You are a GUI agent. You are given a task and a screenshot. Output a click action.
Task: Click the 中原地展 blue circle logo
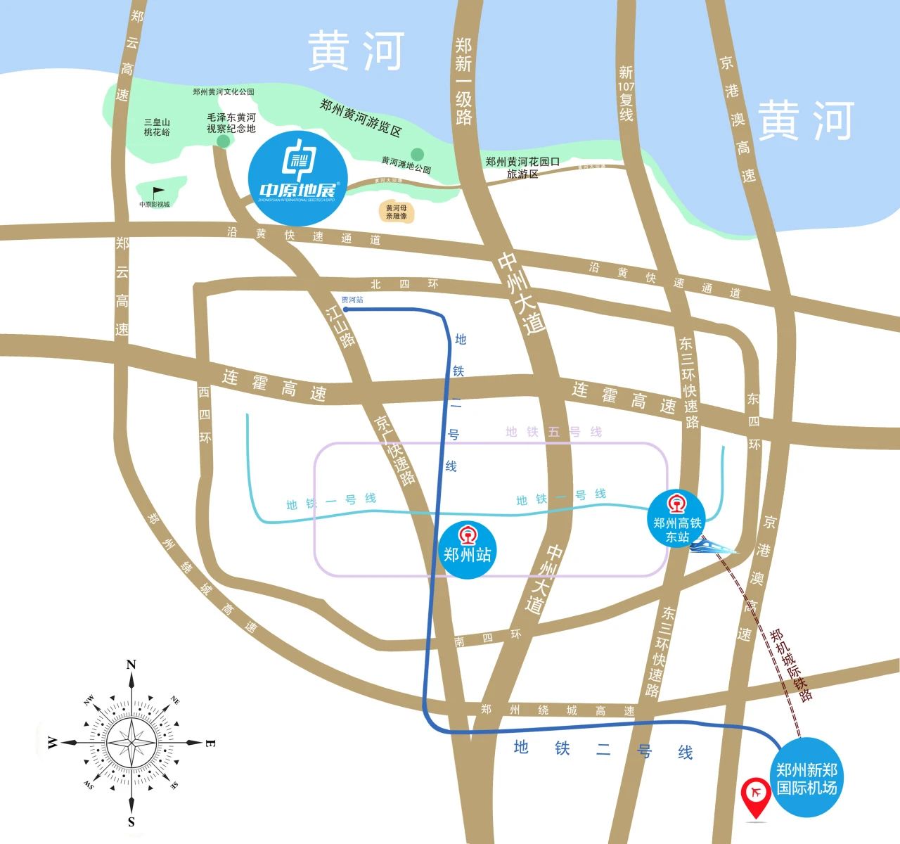(298, 177)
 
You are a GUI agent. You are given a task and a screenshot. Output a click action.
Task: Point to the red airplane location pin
(757, 795)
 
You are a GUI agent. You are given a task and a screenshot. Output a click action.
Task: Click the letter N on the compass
(131, 665)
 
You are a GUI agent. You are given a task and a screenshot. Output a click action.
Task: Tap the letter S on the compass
(131, 821)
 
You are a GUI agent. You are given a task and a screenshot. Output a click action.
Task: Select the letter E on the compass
(210, 743)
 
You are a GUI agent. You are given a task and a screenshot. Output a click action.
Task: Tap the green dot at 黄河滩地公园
(418, 154)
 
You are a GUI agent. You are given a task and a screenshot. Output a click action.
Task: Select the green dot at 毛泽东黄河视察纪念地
(223, 141)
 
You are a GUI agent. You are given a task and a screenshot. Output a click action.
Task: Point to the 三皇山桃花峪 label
(157, 127)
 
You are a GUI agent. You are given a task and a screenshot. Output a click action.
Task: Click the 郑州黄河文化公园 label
(223, 92)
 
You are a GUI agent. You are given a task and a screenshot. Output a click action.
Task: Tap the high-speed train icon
(712, 545)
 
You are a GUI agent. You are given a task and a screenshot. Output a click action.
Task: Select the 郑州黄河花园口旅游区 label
(522, 167)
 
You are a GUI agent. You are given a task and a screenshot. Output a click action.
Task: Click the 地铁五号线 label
(554, 431)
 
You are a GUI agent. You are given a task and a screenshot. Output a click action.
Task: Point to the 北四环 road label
(404, 284)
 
